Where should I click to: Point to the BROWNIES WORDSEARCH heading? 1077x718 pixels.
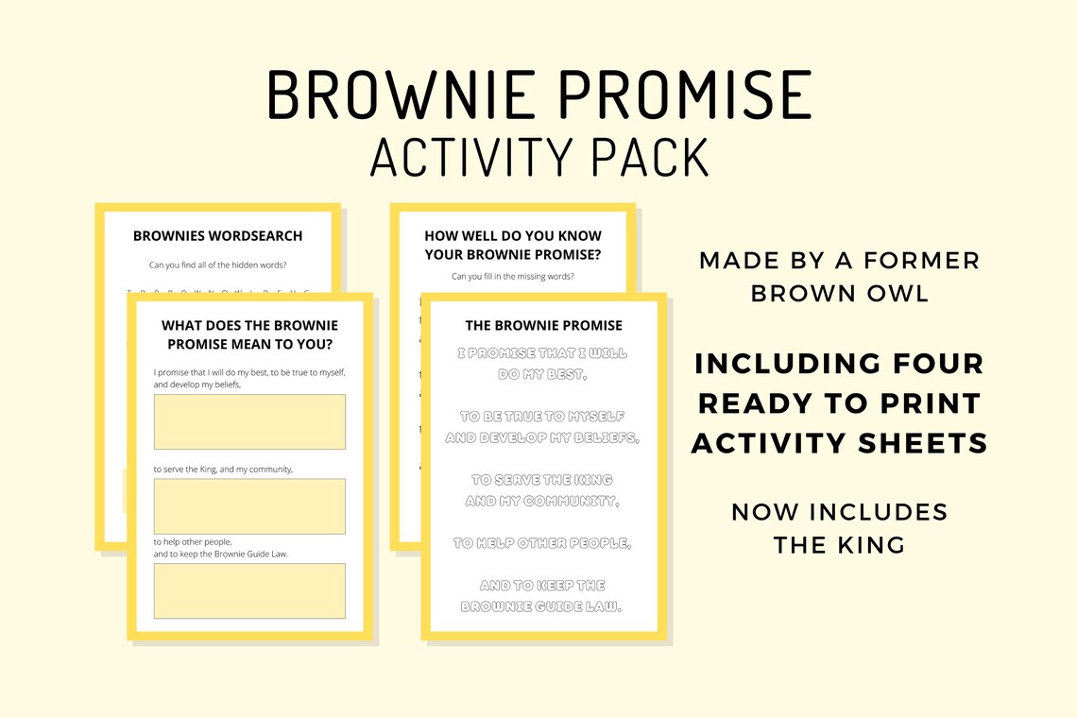tap(218, 235)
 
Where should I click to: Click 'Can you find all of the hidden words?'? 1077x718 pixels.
tap(218, 265)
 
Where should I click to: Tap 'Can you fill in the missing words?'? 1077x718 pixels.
tap(513, 276)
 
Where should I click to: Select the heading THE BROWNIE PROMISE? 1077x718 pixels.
tap(544, 325)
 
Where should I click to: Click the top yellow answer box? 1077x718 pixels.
tap(249, 421)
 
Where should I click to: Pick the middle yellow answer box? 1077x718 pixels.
tap(249, 506)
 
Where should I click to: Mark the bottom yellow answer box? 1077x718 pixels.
tap(249, 590)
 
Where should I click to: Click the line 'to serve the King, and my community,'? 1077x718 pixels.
tap(223, 469)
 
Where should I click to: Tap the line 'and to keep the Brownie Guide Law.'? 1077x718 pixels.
tap(221, 554)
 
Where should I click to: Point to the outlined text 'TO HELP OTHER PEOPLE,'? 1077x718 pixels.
tap(542, 543)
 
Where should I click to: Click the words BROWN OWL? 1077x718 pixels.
tap(840, 293)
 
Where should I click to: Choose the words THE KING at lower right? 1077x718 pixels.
tap(840, 544)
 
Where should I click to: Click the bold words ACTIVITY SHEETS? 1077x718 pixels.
tap(840, 442)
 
